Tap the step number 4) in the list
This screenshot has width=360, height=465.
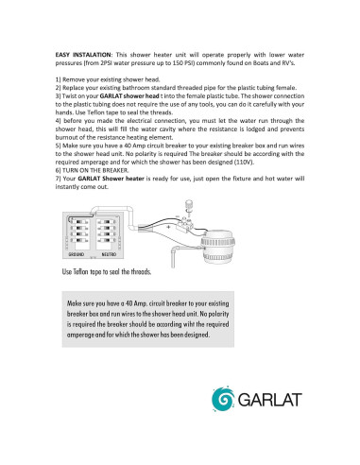tap(60, 121)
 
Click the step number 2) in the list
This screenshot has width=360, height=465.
tap(60, 88)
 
